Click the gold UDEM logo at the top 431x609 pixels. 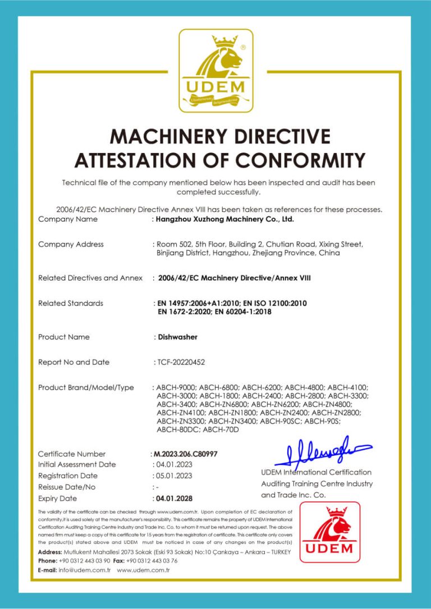click(215, 70)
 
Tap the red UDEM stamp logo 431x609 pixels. click(329, 532)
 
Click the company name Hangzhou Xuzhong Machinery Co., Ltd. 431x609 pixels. click(225, 219)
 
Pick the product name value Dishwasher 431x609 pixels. click(177, 337)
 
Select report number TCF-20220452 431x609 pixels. click(181, 362)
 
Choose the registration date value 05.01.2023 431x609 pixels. click(174, 476)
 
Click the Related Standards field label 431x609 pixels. click(71, 303)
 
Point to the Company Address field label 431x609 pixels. click(71, 244)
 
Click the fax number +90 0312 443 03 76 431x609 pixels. click(153, 561)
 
